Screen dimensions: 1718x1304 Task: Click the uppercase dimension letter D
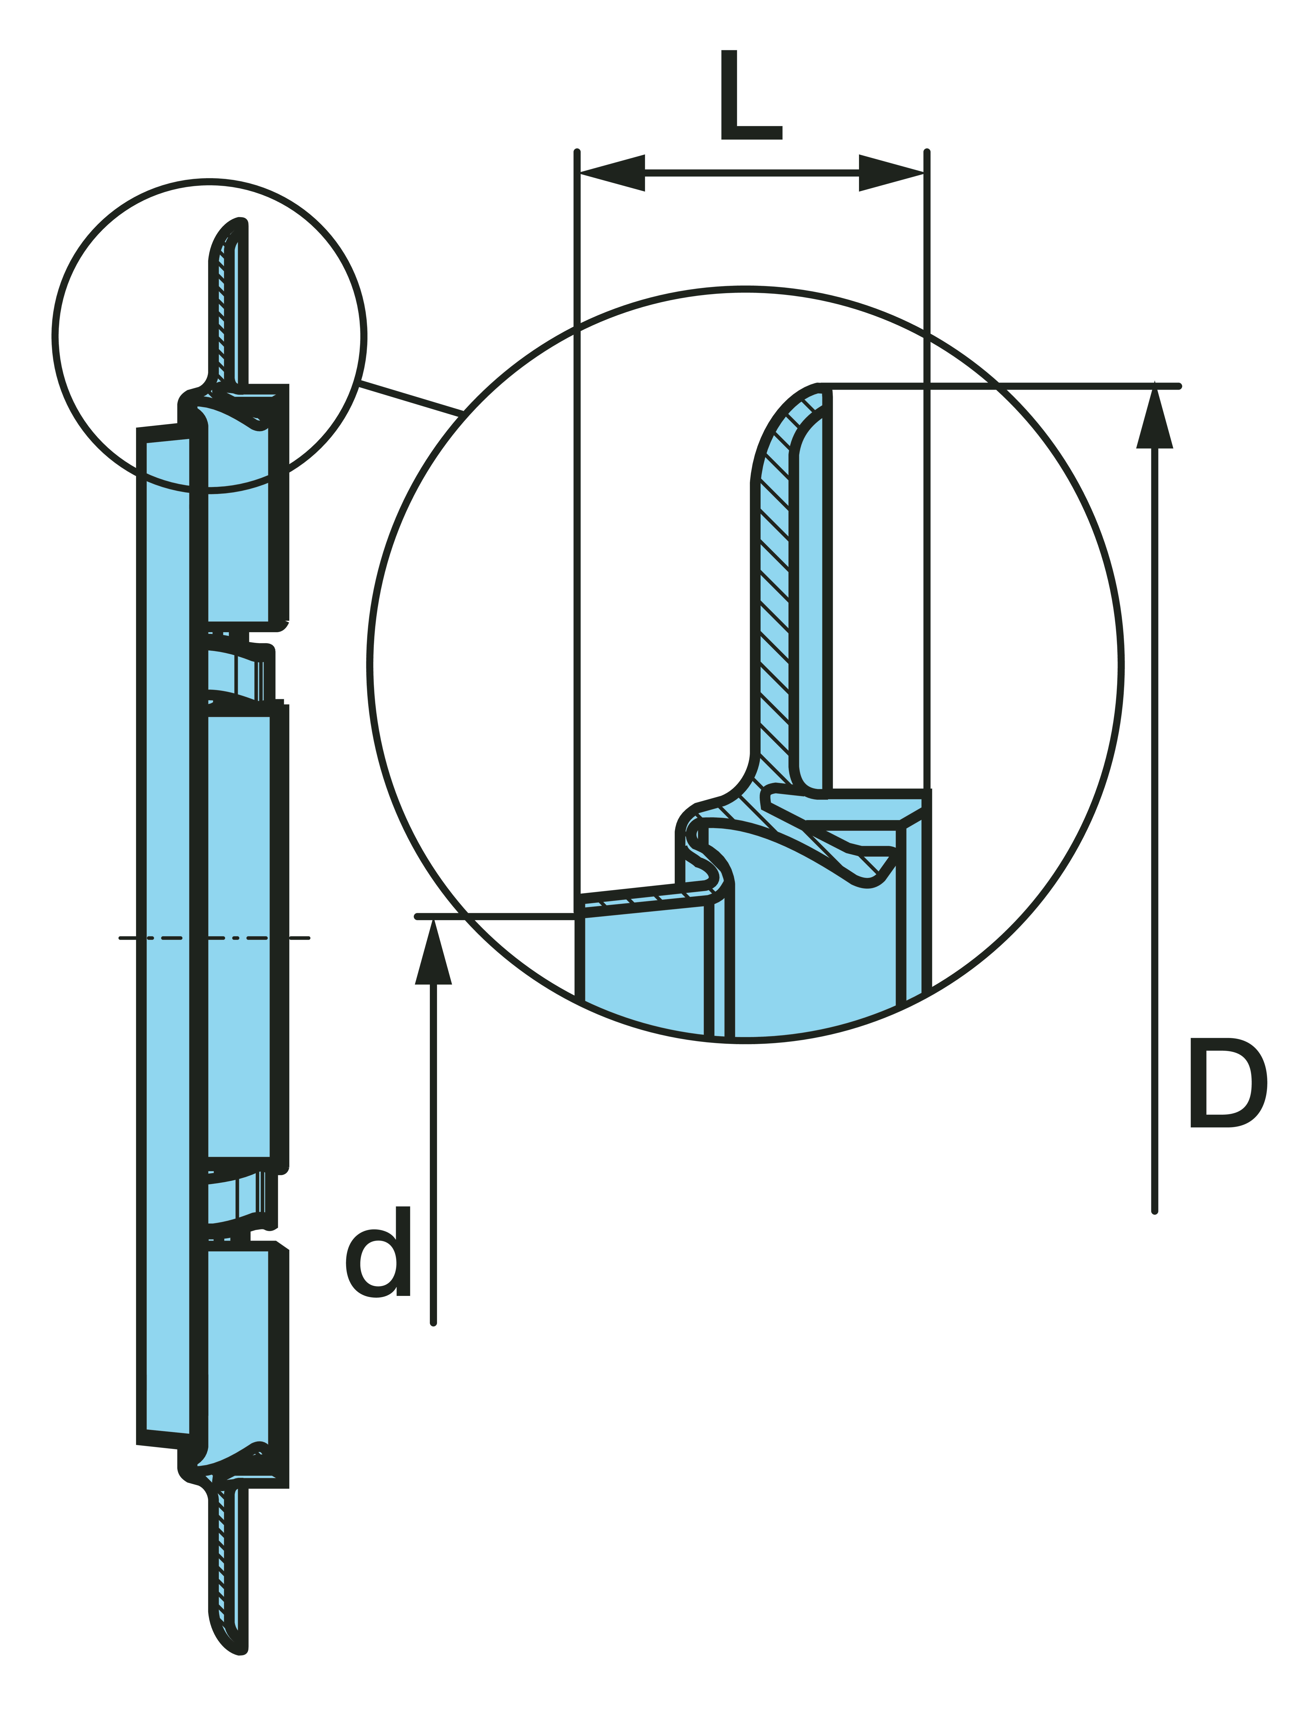[x=1227, y=1083]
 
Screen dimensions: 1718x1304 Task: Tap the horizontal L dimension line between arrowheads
[x=752, y=172]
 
